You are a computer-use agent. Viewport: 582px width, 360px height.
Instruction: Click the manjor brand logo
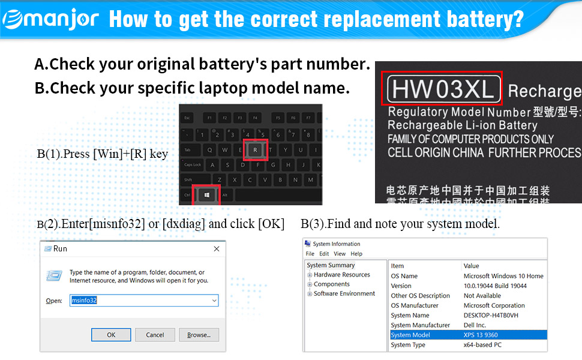pyautogui.click(x=50, y=19)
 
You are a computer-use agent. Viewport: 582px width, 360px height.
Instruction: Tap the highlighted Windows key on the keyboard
pyautogui.click(x=206, y=195)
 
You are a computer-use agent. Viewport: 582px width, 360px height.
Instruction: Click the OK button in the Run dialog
pyautogui.click(x=111, y=335)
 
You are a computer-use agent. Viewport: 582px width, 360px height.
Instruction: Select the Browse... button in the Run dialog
pyautogui.click(x=199, y=335)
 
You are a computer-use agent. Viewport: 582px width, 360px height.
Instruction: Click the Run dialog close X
pyautogui.click(x=216, y=248)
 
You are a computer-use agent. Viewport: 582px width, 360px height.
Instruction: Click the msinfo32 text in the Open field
pyautogui.click(x=85, y=301)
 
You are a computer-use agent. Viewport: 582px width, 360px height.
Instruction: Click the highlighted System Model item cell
pyautogui.click(x=410, y=335)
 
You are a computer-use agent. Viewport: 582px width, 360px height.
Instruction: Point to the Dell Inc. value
pyautogui.click(x=475, y=325)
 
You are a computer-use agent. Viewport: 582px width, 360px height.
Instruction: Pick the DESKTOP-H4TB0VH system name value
pyautogui.click(x=491, y=315)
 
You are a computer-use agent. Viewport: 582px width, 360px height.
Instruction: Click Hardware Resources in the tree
pyautogui.click(x=342, y=275)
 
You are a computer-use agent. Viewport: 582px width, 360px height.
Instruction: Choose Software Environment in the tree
pyautogui.click(x=344, y=294)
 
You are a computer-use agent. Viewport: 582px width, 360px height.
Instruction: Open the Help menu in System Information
pyautogui.click(x=356, y=254)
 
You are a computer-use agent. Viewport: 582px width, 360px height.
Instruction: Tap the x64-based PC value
pyautogui.click(x=482, y=345)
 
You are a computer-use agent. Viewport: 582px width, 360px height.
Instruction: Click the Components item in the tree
pyautogui.click(x=332, y=284)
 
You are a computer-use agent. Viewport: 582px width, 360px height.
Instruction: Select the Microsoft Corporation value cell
pyautogui.click(x=494, y=305)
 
